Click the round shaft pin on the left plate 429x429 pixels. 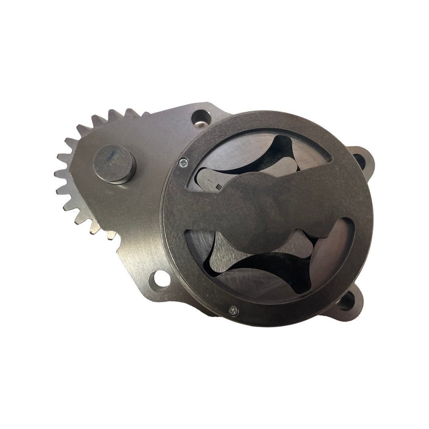(114, 164)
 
